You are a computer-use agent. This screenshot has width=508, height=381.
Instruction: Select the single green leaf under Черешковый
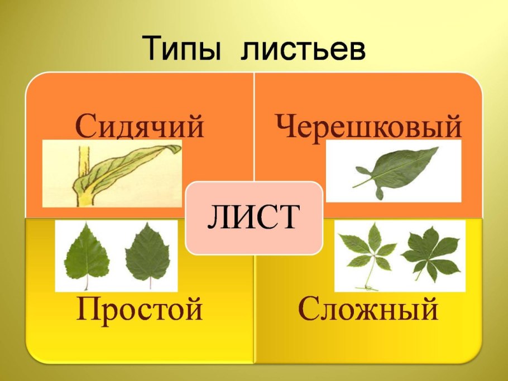399,167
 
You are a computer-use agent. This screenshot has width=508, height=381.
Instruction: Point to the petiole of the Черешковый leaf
363,182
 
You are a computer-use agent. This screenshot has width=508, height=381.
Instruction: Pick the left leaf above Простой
87,254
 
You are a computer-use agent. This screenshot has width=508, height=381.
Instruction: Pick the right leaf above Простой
147,254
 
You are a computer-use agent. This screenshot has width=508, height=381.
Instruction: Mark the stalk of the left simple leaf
87,284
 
